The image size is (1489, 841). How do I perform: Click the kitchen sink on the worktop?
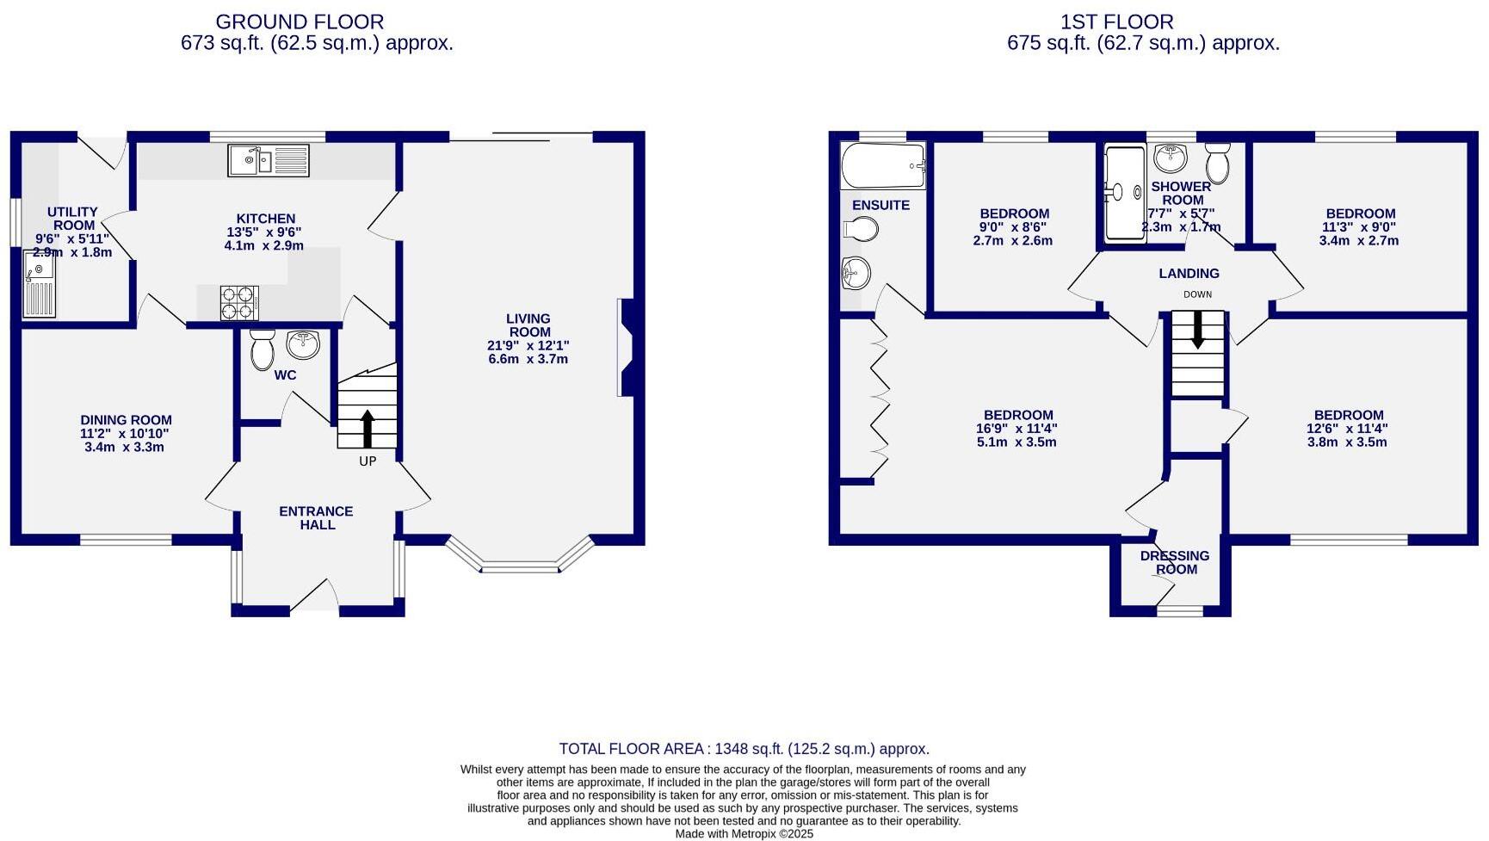268,160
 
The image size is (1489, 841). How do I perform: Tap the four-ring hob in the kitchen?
239,302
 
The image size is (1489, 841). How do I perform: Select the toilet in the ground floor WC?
262,349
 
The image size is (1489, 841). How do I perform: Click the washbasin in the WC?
303,344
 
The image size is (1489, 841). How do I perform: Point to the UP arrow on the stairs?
368,428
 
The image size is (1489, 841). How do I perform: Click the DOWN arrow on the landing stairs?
1197,330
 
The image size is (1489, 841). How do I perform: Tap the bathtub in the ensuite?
883,165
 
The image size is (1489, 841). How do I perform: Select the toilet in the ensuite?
862,229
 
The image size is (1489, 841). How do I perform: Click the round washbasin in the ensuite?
856,274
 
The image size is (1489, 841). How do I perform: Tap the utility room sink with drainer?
40,284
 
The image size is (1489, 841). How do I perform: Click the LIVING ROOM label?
528,325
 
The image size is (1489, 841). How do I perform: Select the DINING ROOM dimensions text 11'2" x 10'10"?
126,434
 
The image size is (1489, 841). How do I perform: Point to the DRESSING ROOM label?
1175,562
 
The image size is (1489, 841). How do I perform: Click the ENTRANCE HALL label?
316,517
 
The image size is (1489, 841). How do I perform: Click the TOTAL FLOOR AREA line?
744,749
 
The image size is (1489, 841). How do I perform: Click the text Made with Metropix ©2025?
744,833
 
